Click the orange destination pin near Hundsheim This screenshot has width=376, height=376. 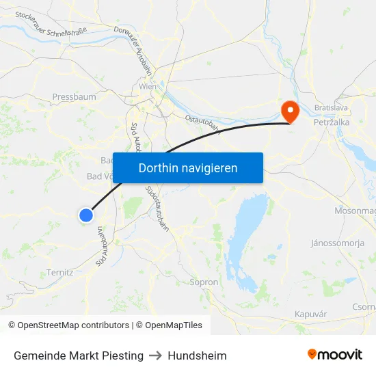click(x=290, y=111)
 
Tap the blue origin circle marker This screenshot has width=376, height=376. click(x=86, y=215)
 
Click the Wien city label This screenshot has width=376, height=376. click(x=148, y=87)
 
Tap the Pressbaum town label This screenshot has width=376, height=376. click(x=74, y=97)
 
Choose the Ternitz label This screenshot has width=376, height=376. click(x=60, y=272)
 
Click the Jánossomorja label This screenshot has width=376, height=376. click(x=337, y=243)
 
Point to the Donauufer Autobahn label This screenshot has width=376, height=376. click(x=141, y=52)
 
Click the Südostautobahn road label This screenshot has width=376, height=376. click(x=157, y=208)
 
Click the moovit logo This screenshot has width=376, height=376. click(x=334, y=354)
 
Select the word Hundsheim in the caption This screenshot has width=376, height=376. click(x=197, y=355)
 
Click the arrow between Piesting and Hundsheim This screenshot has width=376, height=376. click(x=155, y=355)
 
